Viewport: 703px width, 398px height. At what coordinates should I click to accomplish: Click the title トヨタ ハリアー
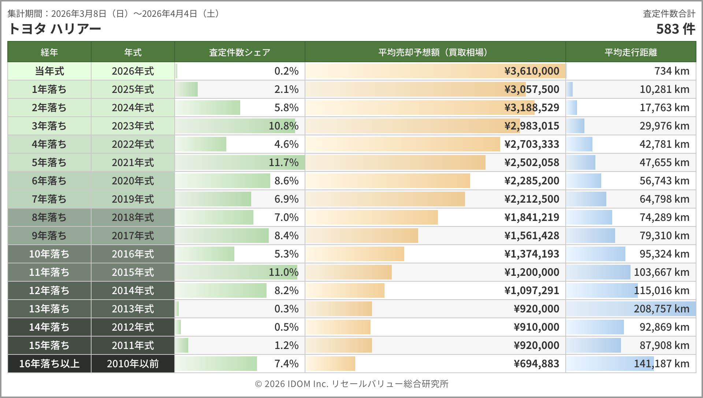click(x=54, y=29)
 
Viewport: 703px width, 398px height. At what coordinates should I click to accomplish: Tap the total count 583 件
click(x=675, y=29)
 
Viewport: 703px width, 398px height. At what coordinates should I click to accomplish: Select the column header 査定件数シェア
click(x=239, y=52)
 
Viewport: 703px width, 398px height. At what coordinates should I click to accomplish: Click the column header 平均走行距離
click(x=631, y=52)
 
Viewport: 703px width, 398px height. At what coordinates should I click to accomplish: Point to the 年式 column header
click(x=133, y=52)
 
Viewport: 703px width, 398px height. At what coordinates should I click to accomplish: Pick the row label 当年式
click(x=49, y=71)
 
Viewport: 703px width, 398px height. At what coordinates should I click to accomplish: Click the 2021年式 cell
click(x=133, y=162)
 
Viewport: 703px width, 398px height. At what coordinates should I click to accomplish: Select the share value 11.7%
click(x=283, y=162)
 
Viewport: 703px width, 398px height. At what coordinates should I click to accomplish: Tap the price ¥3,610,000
click(x=532, y=71)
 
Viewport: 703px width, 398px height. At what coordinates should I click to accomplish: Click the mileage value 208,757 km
click(x=661, y=309)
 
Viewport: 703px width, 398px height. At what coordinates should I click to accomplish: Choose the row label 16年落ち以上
click(x=49, y=364)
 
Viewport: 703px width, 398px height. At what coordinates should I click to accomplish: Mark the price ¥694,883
click(x=536, y=364)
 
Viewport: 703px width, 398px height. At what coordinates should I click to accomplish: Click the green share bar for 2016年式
click(x=205, y=254)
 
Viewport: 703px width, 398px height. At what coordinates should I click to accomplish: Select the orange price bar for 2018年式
click(x=372, y=217)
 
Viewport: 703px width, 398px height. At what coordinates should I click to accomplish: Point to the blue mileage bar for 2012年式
click(x=595, y=327)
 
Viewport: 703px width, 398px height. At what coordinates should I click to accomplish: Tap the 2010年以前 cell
click(x=133, y=364)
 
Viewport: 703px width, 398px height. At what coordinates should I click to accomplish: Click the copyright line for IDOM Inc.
click(x=351, y=384)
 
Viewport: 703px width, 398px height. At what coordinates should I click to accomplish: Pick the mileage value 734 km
click(x=672, y=71)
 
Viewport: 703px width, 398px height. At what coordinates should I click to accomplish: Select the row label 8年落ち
click(x=49, y=217)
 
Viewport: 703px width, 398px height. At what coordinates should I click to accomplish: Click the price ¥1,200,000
click(x=532, y=272)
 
